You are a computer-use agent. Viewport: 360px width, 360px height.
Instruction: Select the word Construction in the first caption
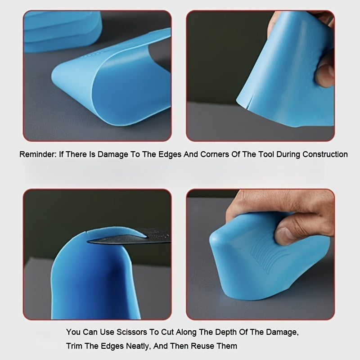click(x=325, y=154)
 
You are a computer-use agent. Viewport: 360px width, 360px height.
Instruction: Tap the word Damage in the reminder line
click(x=113, y=154)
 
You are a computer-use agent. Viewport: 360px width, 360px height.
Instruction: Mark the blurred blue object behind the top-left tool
click(x=62, y=31)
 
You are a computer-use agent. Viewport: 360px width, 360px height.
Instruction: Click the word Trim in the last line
click(x=74, y=346)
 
